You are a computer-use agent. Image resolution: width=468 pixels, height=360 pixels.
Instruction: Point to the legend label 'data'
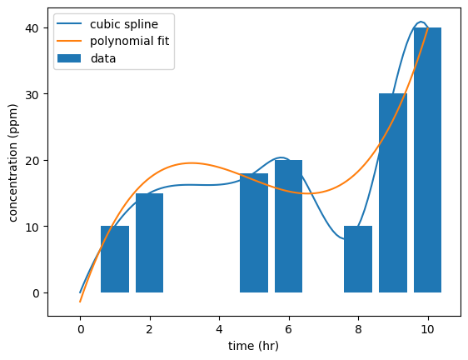(103, 58)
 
